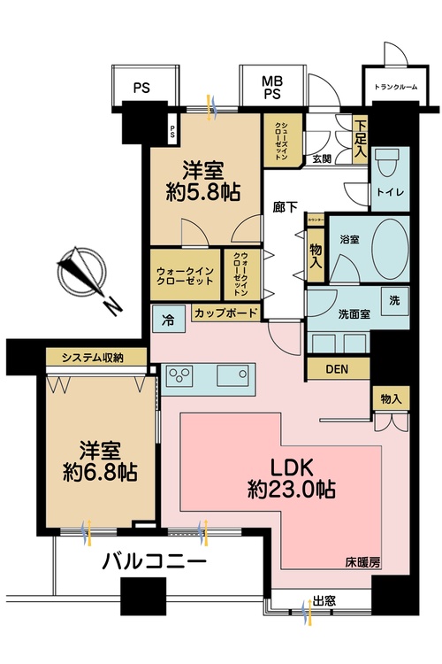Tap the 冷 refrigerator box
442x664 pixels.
(x=168, y=314)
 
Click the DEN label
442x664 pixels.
(x=336, y=368)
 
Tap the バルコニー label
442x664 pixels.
(x=154, y=560)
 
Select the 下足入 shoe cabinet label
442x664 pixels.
(x=360, y=139)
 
